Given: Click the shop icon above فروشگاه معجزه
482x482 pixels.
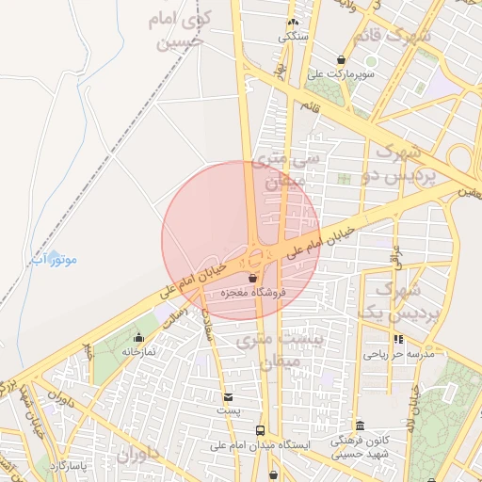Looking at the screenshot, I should pyautogui.click(x=252, y=279).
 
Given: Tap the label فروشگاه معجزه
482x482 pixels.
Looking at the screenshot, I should pyautogui.click(x=252, y=293).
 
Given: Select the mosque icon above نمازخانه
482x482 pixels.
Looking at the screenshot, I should pyautogui.click(x=139, y=337).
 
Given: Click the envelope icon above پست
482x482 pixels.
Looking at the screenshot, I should pyautogui.click(x=228, y=397).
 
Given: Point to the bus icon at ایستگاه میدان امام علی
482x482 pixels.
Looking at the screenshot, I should pyautogui.click(x=260, y=429).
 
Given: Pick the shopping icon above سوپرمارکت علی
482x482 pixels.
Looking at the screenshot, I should pyautogui.click(x=341, y=59).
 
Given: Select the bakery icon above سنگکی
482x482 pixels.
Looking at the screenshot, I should pyautogui.click(x=293, y=23).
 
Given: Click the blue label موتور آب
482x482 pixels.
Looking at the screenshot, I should pyautogui.click(x=54, y=258).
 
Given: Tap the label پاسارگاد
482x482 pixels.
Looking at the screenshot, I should pyautogui.click(x=67, y=466).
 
